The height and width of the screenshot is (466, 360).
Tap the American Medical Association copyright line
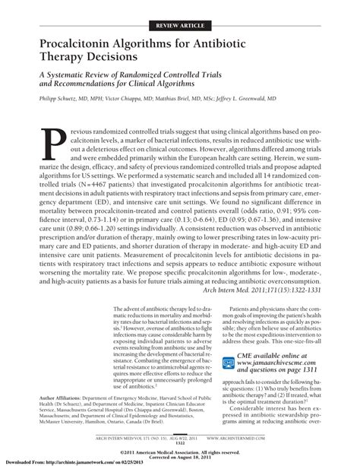coord(180,453)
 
